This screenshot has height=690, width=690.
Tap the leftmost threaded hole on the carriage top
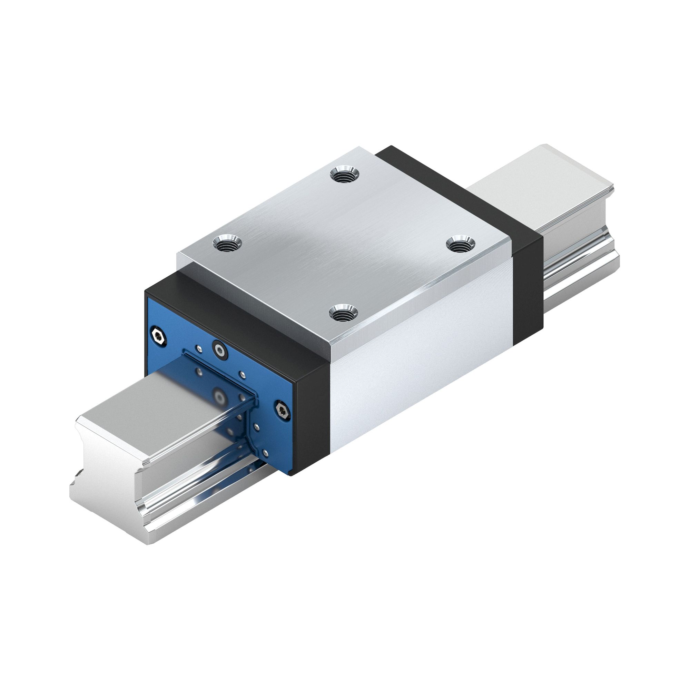click(x=227, y=244)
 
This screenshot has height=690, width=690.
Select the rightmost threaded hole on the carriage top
click(x=459, y=245)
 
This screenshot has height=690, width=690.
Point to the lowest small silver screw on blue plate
click(x=264, y=453)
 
